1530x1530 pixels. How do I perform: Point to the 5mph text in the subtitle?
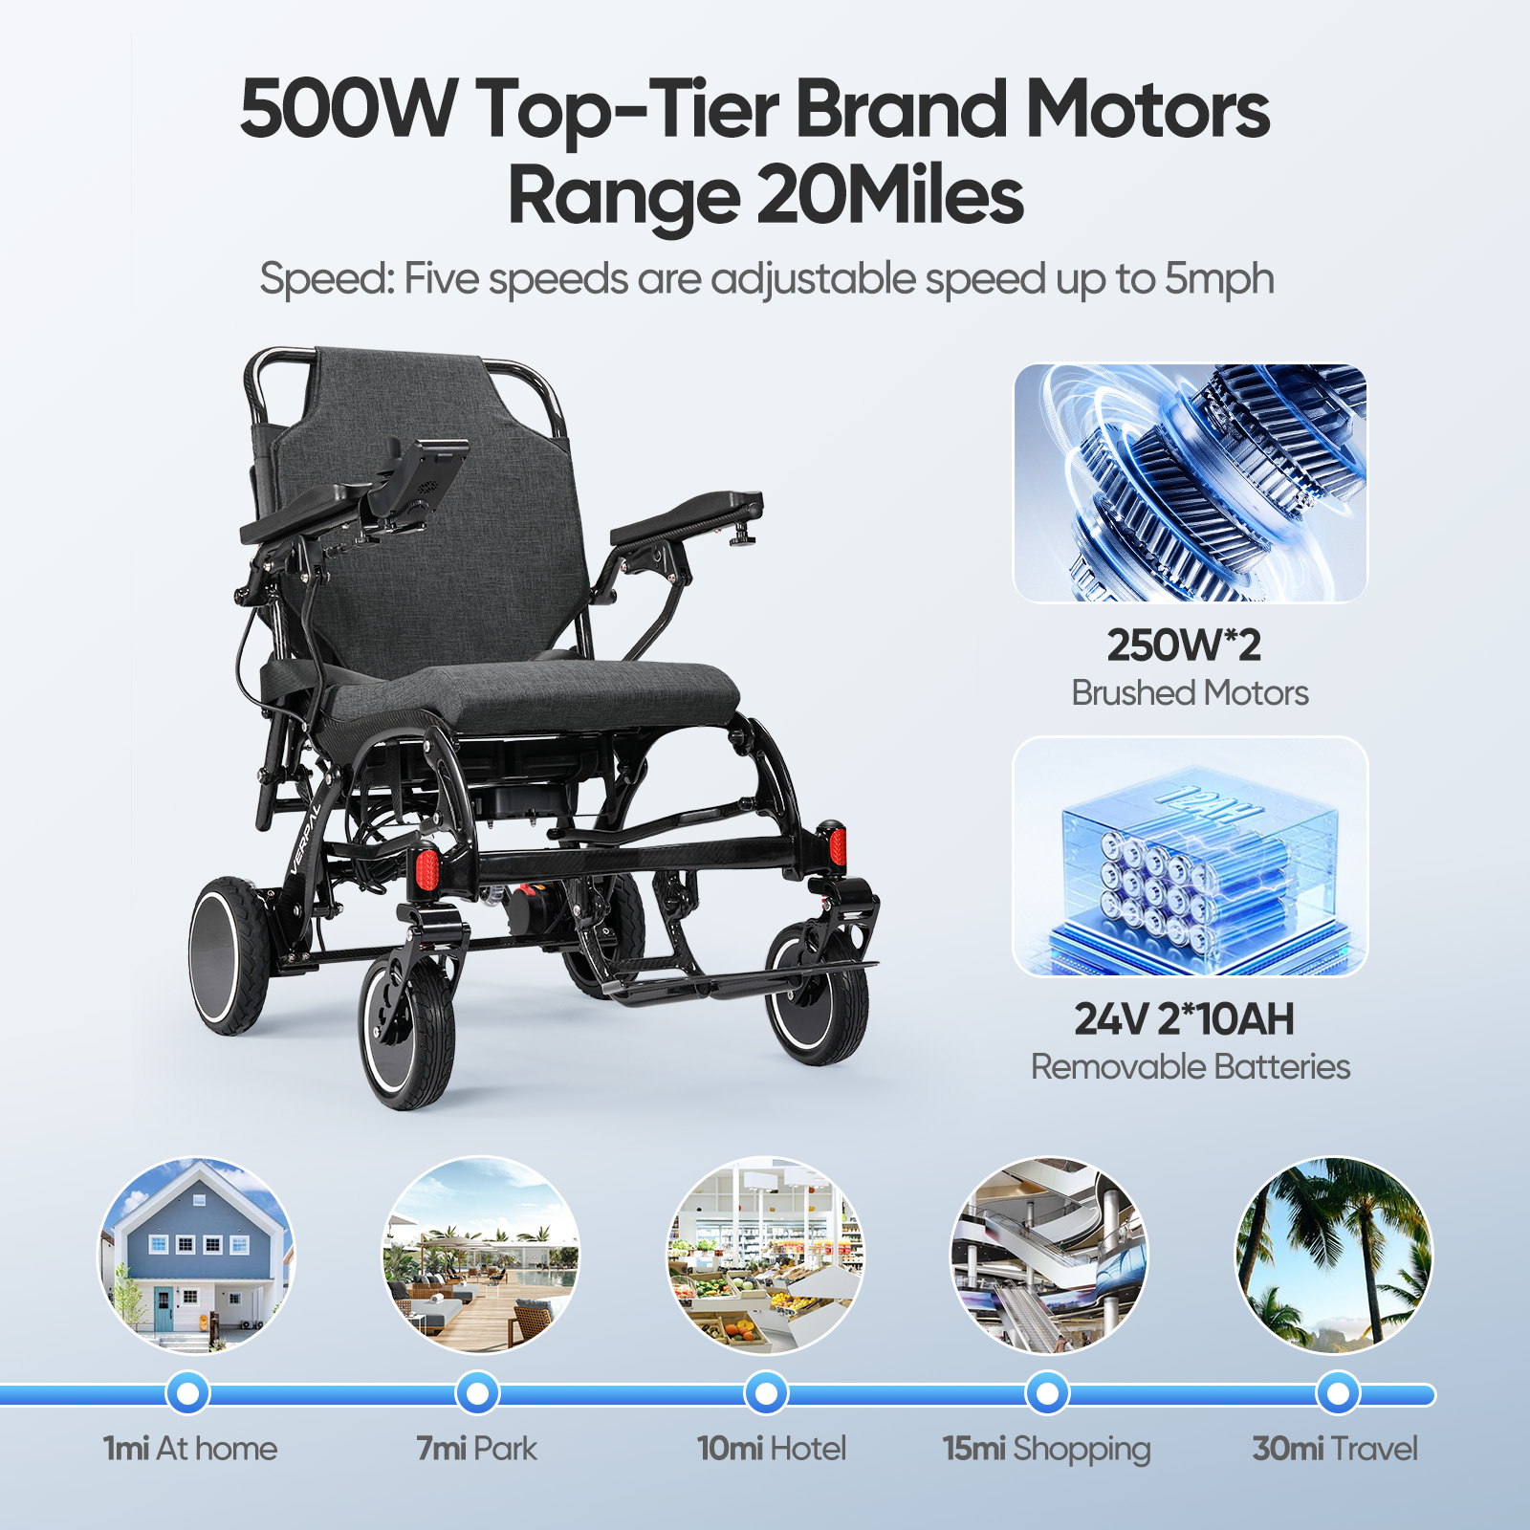coord(1219,280)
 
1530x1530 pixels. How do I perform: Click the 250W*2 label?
coord(1184,645)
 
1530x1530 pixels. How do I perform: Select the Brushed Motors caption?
coord(1190,692)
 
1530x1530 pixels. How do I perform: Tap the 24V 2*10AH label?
coord(1184,1019)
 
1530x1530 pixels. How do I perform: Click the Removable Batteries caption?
coord(1191,1066)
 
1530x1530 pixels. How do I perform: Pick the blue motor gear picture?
coord(1191,483)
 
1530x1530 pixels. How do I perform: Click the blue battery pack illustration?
coord(1191,857)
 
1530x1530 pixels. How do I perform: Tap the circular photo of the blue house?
coord(197,1256)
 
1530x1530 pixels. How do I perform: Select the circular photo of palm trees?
coord(1335,1256)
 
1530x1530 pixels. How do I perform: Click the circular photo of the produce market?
coord(766,1256)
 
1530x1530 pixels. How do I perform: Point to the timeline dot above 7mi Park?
coord(477,1393)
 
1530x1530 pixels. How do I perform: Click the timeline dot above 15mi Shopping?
coord(1048,1393)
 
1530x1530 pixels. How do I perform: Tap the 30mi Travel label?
coord(1335,1449)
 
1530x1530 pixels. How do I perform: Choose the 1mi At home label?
coord(190,1449)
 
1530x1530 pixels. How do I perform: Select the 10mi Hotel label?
coord(772,1449)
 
